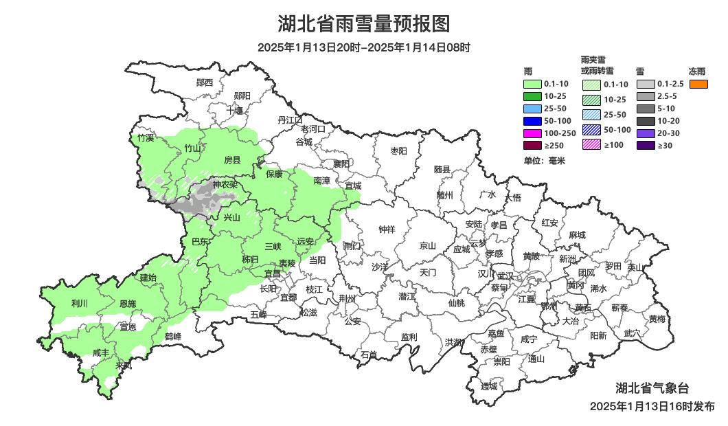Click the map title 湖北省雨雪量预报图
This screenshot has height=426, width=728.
pyautogui.click(x=363, y=24)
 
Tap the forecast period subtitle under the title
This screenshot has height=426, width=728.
pyautogui.click(x=363, y=47)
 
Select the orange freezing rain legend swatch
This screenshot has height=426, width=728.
pyautogui.click(x=699, y=84)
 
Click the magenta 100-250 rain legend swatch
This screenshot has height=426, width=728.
pyautogui.click(x=533, y=133)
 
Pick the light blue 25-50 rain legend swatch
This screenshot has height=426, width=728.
pyautogui.click(x=533, y=109)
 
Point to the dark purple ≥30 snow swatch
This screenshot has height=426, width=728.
pyautogui.click(x=646, y=145)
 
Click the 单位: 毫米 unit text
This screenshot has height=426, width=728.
pyautogui.click(x=543, y=161)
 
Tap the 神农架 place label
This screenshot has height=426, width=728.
pyautogui.click(x=225, y=184)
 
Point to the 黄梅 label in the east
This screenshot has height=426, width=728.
pyautogui.click(x=657, y=319)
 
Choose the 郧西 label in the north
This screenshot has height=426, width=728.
pyautogui.click(x=205, y=82)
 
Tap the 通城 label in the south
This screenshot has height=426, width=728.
pyautogui.click(x=489, y=386)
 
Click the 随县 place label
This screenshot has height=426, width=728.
pyautogui.click(x=442, y=169)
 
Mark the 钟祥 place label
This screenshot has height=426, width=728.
pyautogui.click(x=387, y=229)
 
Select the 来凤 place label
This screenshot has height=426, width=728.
pyautogui.click(x=124, y=366)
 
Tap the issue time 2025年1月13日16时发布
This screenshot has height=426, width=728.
pyautogui.click(x=652, y=406)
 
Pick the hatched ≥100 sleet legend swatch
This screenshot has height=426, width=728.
pyautogui.click(x=592, y=145)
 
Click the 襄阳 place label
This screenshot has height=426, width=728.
pyautogui.click(x=341, y=164)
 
